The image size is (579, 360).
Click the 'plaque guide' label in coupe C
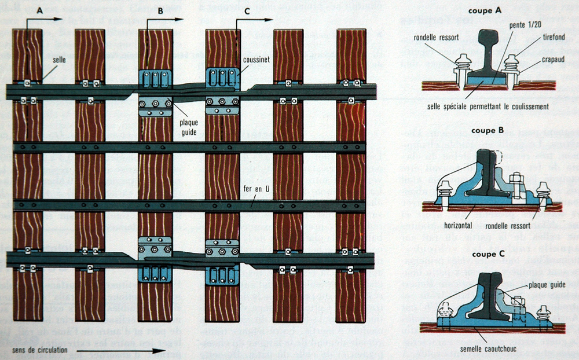pos(548,285)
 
